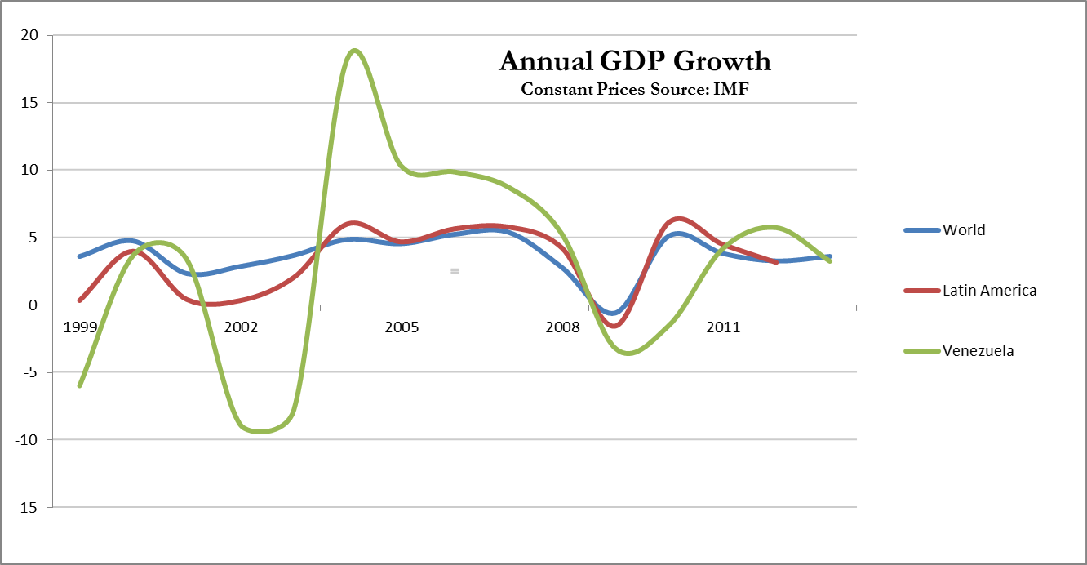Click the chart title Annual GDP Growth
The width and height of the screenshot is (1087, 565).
[634, 61]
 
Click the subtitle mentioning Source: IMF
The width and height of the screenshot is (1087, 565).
[634, 89]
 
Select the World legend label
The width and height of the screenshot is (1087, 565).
[964, 230]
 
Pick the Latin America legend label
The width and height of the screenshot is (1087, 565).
[989, 290]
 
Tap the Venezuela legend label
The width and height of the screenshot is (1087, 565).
[978, 351]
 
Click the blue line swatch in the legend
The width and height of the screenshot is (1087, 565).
[922, 230]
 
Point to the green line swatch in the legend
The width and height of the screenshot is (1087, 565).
[922, 351]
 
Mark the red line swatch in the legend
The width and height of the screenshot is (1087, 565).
[922, 291]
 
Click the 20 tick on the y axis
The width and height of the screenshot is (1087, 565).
[31, 36]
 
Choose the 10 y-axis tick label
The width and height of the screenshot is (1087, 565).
[31, 171]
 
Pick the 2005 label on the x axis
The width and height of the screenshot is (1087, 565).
[402, 327]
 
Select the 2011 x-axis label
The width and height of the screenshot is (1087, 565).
[723, 327]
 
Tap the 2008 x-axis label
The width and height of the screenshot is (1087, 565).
[562, 327]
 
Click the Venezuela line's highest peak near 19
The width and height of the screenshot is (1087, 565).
[354, 51]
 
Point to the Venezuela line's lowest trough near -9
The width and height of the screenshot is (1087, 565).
[260, 431]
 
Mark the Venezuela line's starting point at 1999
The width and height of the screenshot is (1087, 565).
[79, 385]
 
